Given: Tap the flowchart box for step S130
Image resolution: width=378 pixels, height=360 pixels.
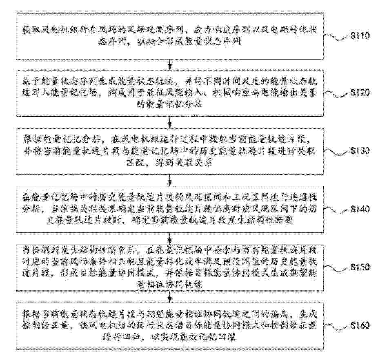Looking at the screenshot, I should point(170,151).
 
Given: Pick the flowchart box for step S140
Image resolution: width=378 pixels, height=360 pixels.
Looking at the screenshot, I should point(170,209).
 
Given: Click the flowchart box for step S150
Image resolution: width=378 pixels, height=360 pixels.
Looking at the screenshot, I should point(170,267).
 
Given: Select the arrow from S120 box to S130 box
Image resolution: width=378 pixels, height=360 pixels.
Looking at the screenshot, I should point(170,122).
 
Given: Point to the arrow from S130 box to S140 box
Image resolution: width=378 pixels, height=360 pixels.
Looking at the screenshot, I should point(170,180).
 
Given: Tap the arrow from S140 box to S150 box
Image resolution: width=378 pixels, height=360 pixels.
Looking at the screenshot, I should point(170,238).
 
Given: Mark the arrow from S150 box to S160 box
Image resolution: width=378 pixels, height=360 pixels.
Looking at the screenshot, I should point(170,296).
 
